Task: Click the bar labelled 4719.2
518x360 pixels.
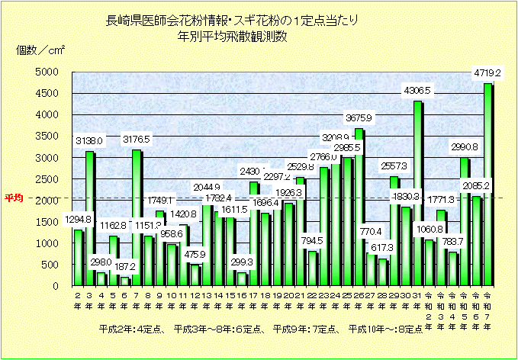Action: [x=487, y=185]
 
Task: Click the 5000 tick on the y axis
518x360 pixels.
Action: [x=48, y=72]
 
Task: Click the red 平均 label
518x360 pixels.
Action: [x=14, y=198]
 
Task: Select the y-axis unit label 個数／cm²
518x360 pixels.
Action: [x=41, y=51]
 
